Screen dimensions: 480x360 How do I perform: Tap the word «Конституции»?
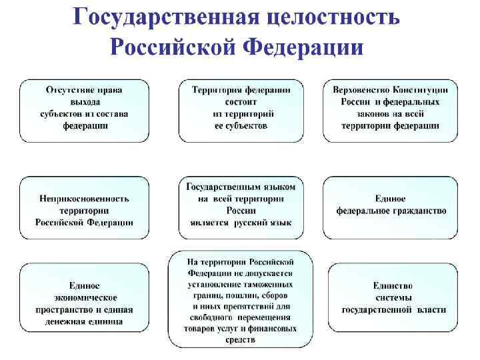pos(421,89)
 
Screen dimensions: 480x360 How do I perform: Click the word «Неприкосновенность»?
pos(84,198)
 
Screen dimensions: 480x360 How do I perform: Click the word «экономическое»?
pos(84,297)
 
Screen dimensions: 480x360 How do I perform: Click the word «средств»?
pos(241,339)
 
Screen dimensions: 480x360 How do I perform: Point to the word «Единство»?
pos(393,285)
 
